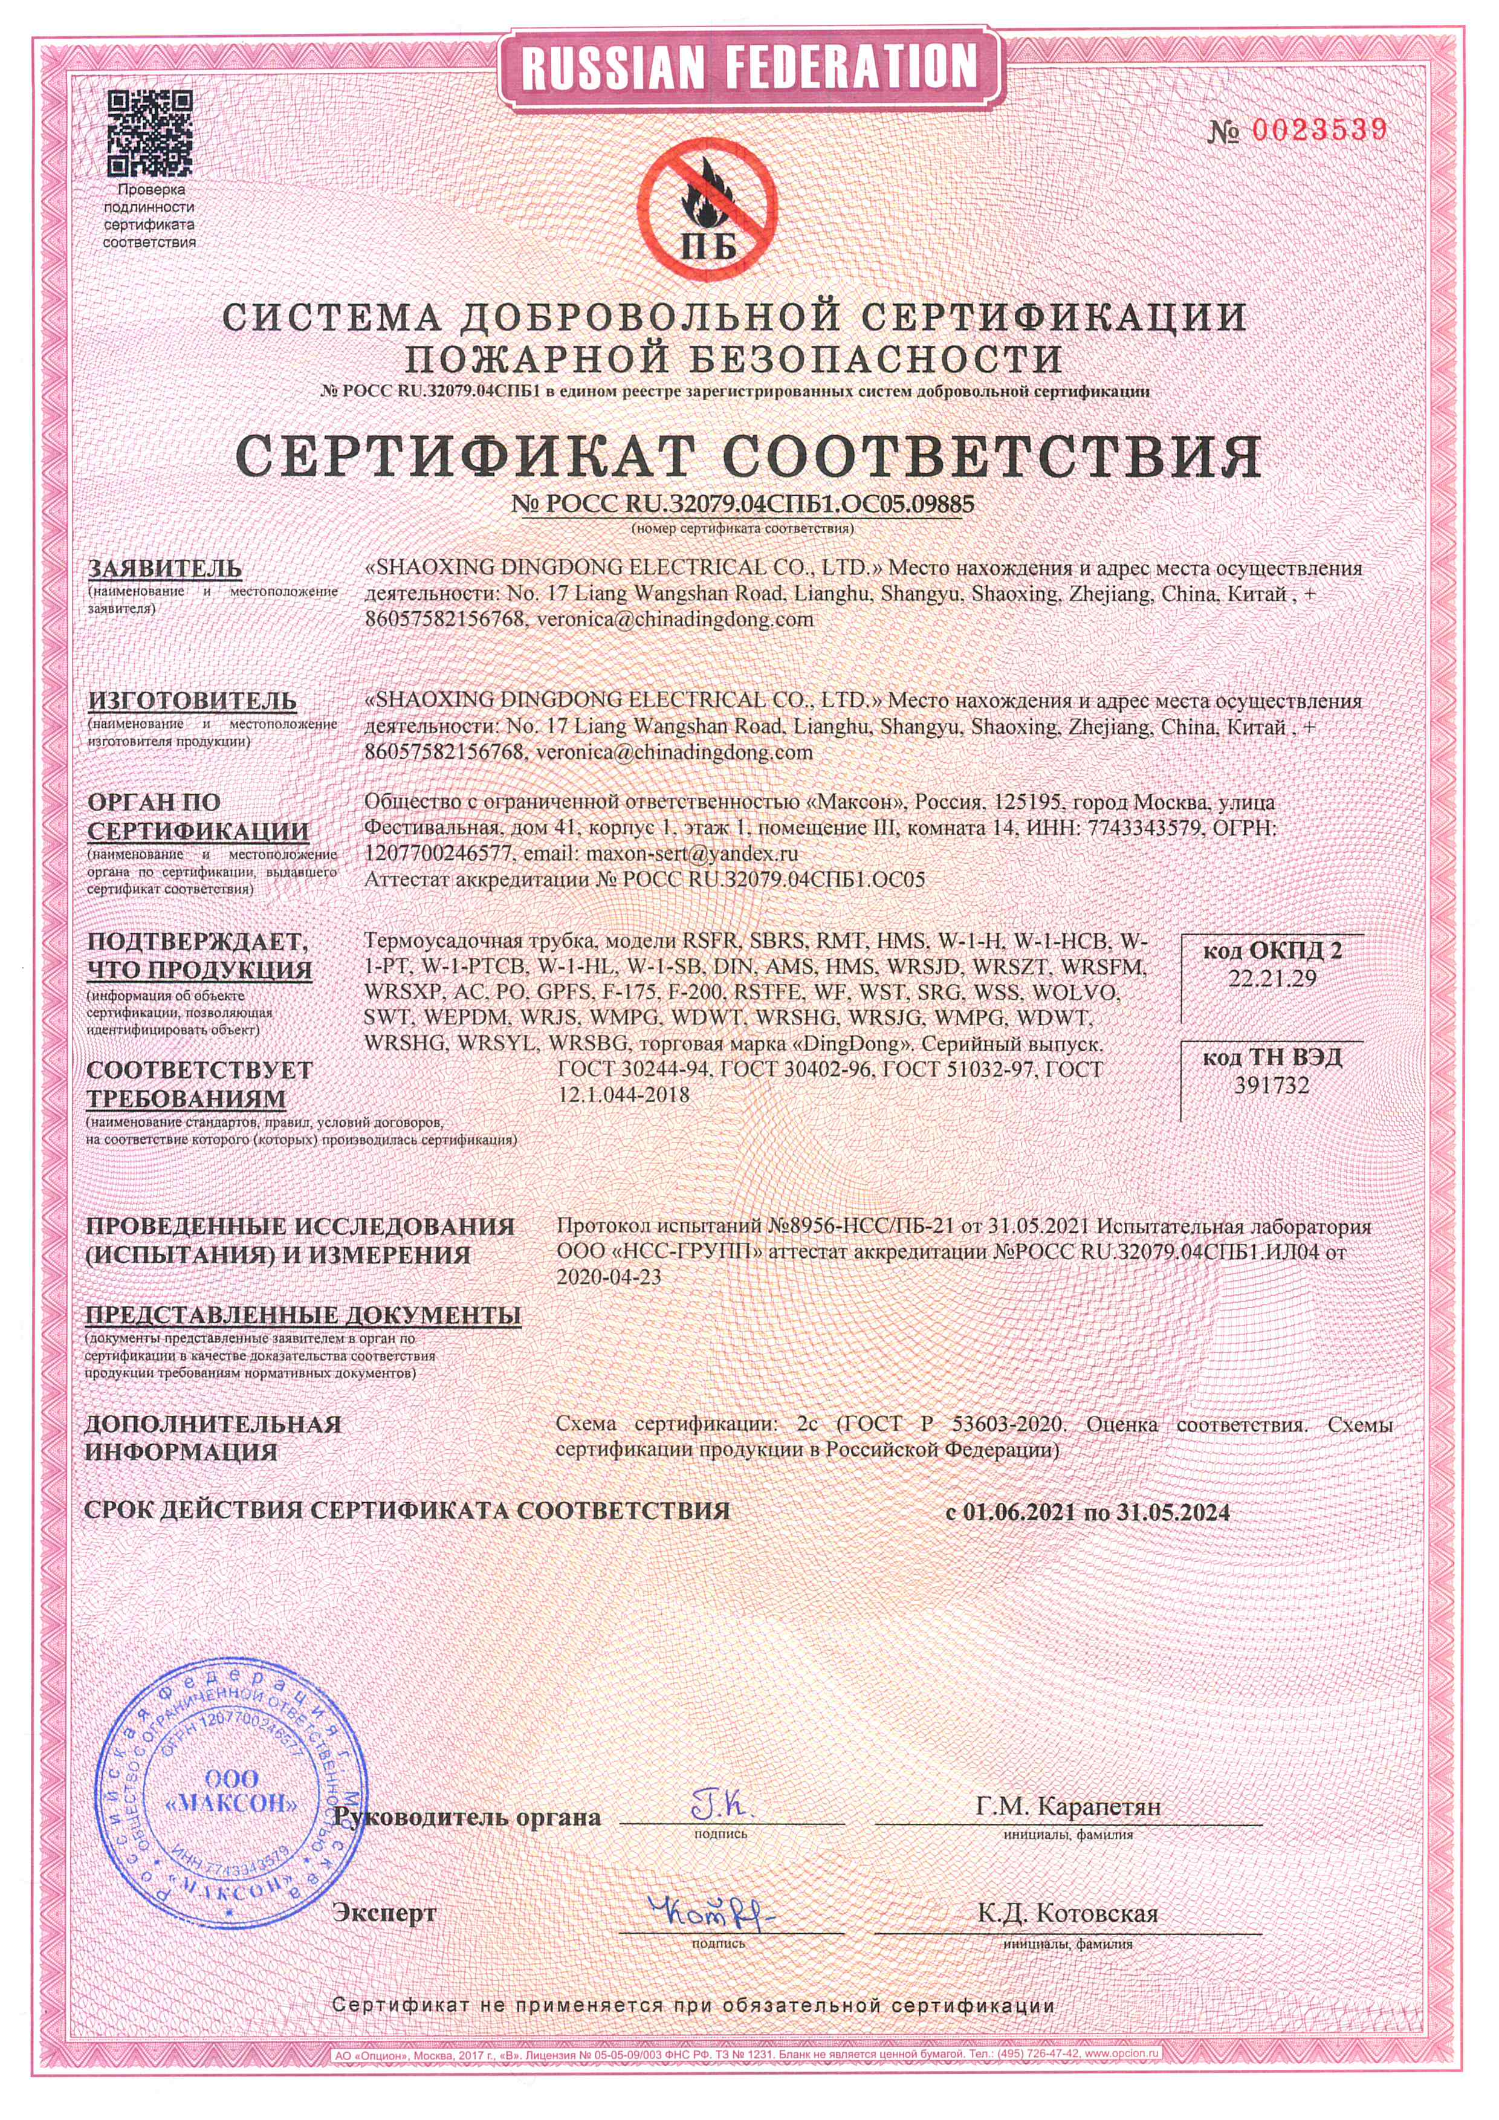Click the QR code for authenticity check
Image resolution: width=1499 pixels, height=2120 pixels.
tap(149, 133)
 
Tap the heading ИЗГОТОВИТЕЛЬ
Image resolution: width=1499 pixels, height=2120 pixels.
tap(192, 700)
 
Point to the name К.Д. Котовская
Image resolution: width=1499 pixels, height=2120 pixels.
tap(1067, 1913)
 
